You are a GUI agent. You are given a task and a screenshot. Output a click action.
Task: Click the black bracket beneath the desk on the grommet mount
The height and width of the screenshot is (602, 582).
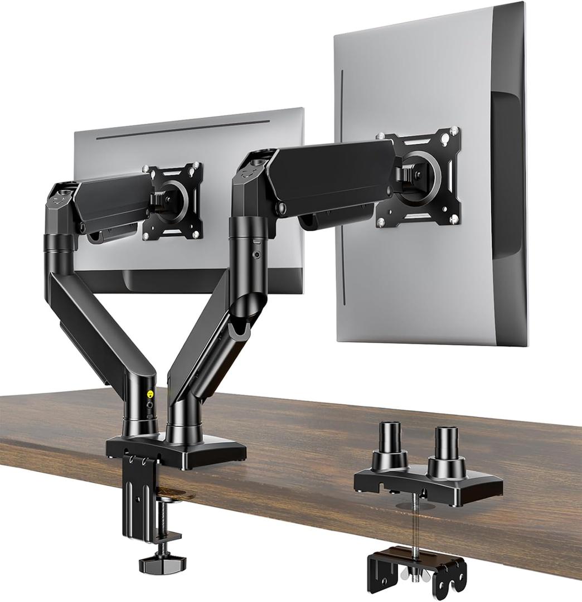point(417,568)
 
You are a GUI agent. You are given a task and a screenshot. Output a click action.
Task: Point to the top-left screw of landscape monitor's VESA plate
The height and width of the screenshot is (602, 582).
point(145,169)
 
